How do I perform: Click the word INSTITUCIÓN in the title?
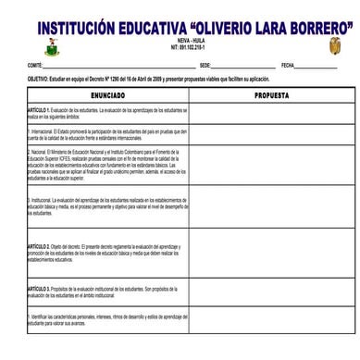[x=84, y=26]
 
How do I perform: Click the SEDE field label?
[x=205, y=66]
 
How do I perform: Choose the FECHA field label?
[x=288, y=66]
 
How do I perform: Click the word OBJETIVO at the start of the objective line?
[x=41, y=81]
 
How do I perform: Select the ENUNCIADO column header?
[x=108, y=96]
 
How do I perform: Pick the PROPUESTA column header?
[x=271, y=96]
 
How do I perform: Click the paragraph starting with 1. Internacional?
[x=106, y=134]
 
